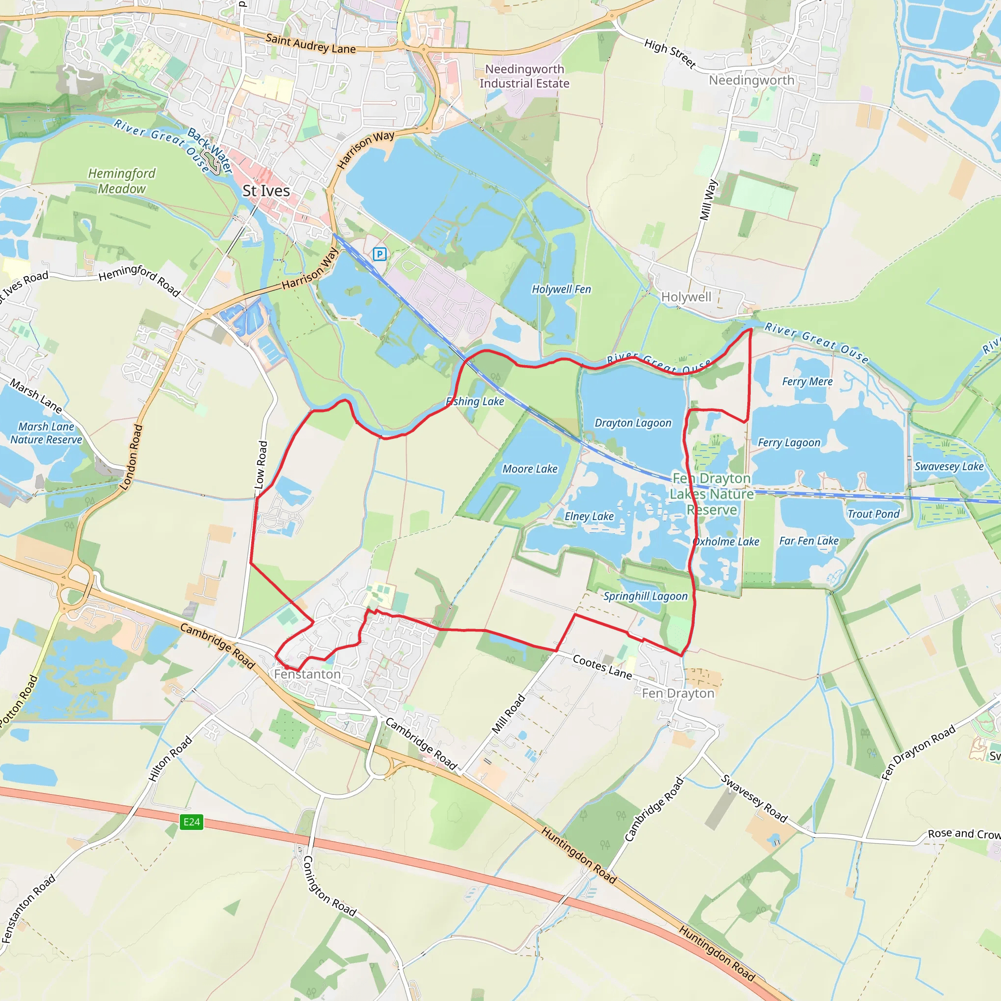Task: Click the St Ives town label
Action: click(x=266, y=191)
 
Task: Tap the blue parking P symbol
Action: click(x=380, y=254)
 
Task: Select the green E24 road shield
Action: click(x=191, y=821)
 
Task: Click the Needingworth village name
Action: click(x=751, y=80)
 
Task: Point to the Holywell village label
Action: click(x=686, y=297)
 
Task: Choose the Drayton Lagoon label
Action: click(x=632, y=423)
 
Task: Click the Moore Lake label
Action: click(x=529, y=469)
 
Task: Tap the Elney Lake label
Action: click(x=588, y=517)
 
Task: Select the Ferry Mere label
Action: click(x=807, y=382)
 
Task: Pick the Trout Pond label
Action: click(x=873, y=514)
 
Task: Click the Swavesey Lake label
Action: click(x=949, y=466)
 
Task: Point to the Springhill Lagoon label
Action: click(x=645, y=596)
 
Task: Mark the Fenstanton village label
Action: click(x=307, y=674)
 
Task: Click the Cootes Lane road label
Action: click(x=602, y=667)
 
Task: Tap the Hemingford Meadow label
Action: click(x=122, y=181)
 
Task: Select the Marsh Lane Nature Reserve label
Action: click(x=46, y=433)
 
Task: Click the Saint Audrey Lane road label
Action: click(x=310, y=44)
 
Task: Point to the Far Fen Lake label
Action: click(x=809, y=541)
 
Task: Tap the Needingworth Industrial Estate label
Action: click(x=524, y=76)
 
